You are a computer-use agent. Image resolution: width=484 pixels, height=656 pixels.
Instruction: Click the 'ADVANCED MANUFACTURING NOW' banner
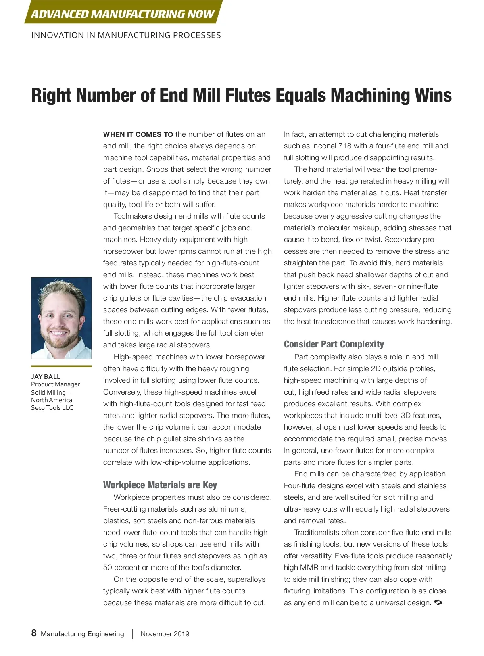coord(123,14)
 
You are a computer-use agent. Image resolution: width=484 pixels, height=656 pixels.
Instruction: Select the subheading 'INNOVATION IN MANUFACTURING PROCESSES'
coord(126,35)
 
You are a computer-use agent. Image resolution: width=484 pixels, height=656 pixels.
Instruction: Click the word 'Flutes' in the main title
coord(248,96)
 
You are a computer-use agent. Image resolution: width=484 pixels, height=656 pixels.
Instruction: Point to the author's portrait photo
coord(61,318)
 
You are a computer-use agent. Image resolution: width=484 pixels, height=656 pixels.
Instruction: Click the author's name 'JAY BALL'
coord(46,376)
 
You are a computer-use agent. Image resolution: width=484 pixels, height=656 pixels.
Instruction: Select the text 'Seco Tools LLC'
coord(52,407)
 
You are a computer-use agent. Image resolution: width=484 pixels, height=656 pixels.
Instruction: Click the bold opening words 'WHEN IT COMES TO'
coord(138,134)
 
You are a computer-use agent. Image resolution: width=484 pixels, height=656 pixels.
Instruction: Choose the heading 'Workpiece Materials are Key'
coord(160,485)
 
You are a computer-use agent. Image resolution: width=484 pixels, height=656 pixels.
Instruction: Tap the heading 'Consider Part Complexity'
coord(334,344)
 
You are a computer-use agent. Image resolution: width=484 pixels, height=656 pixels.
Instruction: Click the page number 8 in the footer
coord(34,633)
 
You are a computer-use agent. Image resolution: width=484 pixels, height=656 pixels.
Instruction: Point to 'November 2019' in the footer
coord(165,634)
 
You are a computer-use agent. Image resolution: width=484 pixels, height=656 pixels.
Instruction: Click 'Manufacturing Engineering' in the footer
coord(82,634)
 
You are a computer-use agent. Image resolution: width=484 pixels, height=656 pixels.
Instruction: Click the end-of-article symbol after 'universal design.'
coord(438,602)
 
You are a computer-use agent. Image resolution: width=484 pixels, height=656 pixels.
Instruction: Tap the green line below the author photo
coord(61,366)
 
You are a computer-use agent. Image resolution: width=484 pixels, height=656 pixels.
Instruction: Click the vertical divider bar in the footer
coord(133,634)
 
